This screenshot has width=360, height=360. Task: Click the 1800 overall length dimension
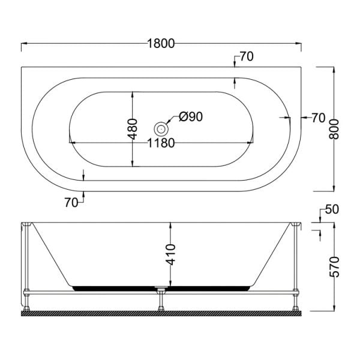(160, 43)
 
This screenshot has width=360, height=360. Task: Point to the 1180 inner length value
(160, 143)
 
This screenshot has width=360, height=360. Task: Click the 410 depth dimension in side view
(172, 255)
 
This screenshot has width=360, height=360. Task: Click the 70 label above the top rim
(246, 57)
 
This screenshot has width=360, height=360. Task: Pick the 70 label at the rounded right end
(318, 118)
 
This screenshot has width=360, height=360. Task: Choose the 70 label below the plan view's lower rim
(71, 203)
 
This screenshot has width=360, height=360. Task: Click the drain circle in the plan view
(160, 128)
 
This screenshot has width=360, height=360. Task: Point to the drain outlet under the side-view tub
(160, 292)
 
